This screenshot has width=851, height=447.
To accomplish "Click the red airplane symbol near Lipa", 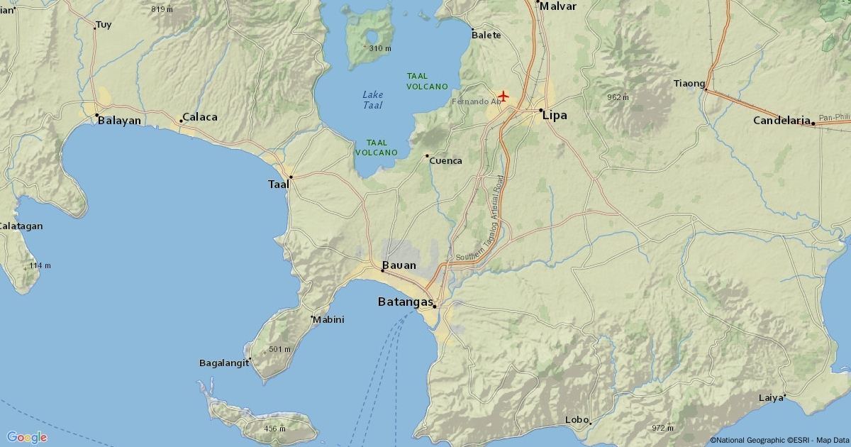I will click(x=504, y=96).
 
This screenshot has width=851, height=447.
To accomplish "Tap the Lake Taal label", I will click(x=372, y=100).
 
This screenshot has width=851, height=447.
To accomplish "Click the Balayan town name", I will click(x=119, y=121).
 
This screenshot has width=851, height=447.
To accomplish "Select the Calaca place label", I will click(x=200, y=117).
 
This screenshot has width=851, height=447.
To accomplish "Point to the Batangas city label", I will click(x=405, y=302).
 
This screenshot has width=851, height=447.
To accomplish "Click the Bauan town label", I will click(x=399, y=265).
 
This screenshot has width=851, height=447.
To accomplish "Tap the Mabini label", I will click(x=328, y=319).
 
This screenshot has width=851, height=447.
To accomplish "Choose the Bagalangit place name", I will click(x=224, y=363).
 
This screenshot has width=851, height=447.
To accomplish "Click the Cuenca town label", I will click(x=445, y=160).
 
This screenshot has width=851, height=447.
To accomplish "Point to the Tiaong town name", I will click(x=689, y=83).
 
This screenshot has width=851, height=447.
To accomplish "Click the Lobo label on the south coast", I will click(x=577, y=419).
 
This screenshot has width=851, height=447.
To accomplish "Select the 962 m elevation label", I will click(x=618, y=97).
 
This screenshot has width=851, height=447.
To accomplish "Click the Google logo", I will click(x=26, y=437).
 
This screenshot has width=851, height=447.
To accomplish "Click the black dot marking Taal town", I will click(x=291, y=177).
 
